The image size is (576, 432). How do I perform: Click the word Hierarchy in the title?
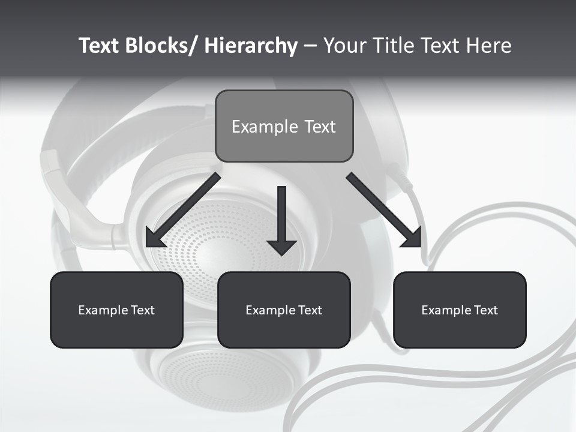[x=251, y=46]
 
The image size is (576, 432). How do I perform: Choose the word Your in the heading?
[x=345, y=46]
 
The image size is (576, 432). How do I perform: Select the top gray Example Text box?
[x=284, y=126]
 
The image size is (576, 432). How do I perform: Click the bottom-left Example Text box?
[x=116, y=310]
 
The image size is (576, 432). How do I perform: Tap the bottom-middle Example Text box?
[x=284, y=310]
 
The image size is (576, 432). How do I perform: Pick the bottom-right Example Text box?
[x=460, y=310]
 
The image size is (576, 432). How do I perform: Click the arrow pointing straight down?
[x=282, y=219]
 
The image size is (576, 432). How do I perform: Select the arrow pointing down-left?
[x=184, y=210]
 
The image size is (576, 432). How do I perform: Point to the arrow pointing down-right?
[x=384, y=210]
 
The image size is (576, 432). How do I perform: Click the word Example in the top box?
[x=265, y=127]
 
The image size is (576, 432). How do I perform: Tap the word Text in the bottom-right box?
[x=486, y=310]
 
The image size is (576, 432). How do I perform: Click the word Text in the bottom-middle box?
[x=310, y=310]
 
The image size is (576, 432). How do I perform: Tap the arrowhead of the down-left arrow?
[x=155, y=238]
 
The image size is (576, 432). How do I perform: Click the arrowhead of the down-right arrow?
[x=413, y=238]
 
